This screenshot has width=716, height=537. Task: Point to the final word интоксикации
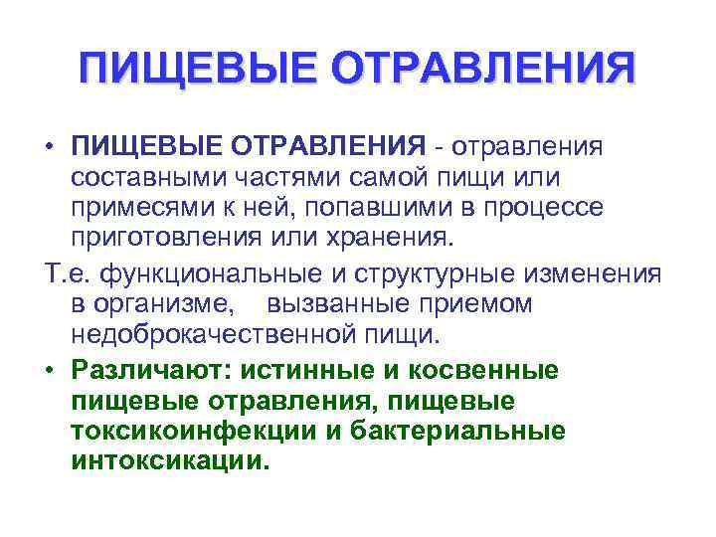[170, 461]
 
